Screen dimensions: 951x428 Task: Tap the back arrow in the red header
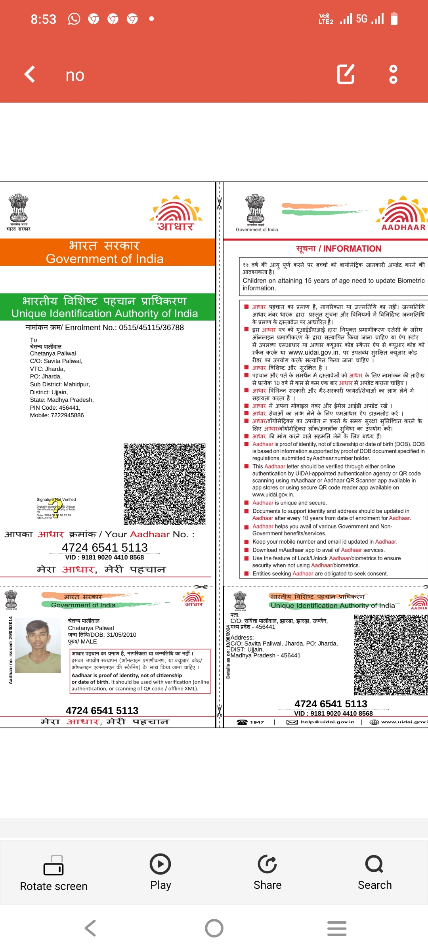point(30,74)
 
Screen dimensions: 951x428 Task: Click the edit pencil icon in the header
point(346,74)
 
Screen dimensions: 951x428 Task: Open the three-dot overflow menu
point(393,74)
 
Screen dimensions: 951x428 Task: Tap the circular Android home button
point(214,928)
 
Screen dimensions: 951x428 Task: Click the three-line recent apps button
point(337,928)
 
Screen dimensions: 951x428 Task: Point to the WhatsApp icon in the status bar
point(74,19)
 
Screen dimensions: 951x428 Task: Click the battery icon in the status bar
point(394,19)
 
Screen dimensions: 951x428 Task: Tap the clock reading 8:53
point(44,19)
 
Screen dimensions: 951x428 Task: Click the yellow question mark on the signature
point(55,508)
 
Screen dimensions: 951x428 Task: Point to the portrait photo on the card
point(43,646)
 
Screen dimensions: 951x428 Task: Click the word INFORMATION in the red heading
point(352,249)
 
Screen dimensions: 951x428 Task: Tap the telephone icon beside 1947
point(242,722)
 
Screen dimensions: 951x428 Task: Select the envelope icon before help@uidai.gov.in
point(292,722)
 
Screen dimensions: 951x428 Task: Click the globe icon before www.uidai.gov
point(374,722)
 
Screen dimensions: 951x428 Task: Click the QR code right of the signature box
point(164,484)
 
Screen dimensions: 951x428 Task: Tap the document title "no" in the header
point(75,75)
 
